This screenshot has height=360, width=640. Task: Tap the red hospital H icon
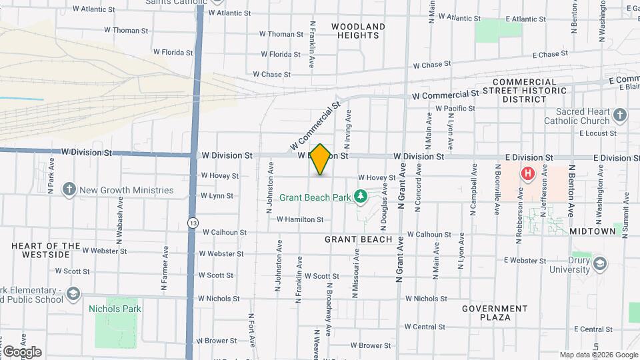(x=528, y=175)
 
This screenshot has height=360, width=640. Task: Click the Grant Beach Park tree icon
(x=361, y=197)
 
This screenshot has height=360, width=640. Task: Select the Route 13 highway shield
(x=193, y=222)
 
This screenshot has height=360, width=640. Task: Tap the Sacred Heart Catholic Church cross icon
(x=619, y=116)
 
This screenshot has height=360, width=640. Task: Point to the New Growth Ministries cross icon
(x=69, y=190)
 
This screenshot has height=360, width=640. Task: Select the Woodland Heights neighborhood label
(x=358, y=31)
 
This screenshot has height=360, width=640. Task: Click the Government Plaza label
(x=495, y=313)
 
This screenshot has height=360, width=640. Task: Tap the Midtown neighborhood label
(x=592, y=231)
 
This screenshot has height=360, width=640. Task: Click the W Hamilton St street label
(x=299, y=219)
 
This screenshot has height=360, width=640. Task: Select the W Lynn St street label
(x=217, y=196)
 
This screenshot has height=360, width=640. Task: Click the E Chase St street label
(x=549, y=54)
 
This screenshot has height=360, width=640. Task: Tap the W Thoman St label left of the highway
(x=126, y=31)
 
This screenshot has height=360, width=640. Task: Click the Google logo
(x=21, y=351)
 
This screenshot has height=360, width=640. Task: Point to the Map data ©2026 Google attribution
(x=598, y=355)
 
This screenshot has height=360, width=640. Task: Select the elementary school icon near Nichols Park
(x=73, y=293)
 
